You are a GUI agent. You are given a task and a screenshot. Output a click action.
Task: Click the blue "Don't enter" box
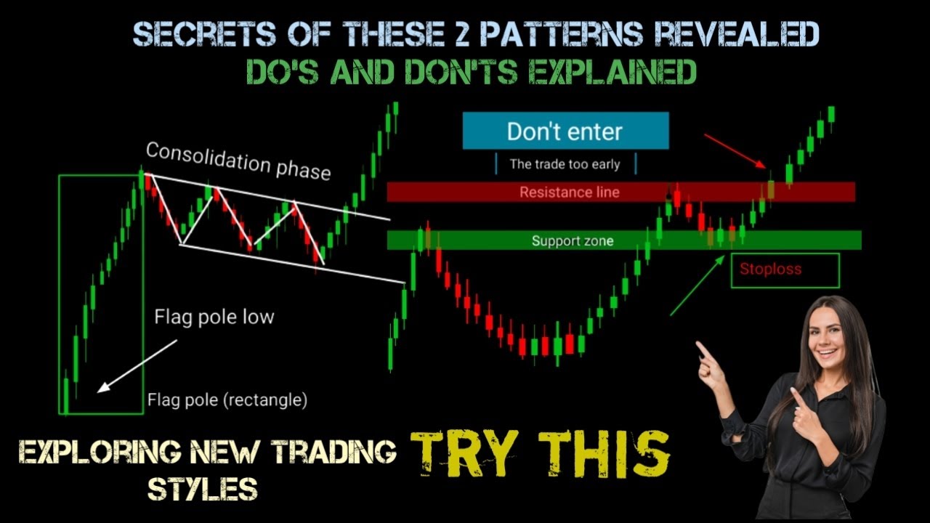565,131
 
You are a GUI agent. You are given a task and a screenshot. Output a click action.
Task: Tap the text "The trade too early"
565,164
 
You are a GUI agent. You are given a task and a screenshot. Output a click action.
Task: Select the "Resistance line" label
570,192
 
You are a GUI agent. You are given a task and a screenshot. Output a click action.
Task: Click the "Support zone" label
573,240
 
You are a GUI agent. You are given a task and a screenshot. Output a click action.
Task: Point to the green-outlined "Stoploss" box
785,269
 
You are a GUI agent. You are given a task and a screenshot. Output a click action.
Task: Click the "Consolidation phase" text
238,161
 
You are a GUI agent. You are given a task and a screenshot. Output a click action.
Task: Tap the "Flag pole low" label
214,317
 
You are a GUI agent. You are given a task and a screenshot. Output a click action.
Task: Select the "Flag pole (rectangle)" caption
227,400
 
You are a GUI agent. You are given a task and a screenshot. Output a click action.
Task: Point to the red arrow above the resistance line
734,150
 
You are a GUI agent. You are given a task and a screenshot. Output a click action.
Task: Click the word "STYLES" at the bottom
203,490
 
